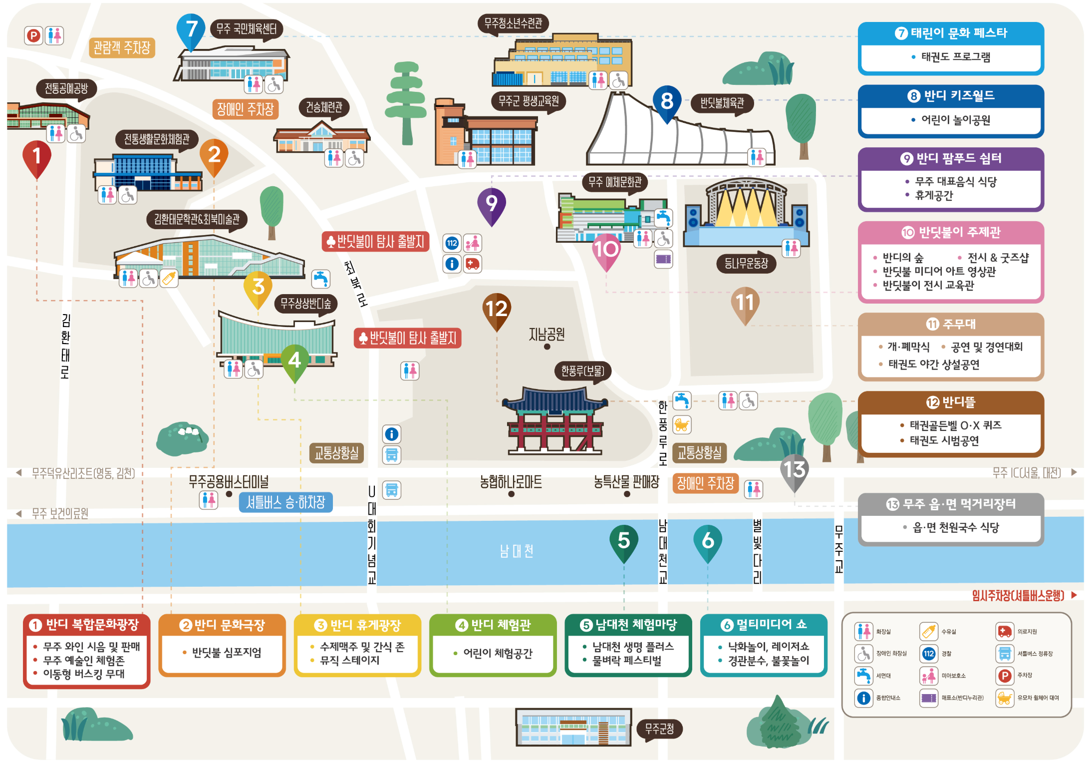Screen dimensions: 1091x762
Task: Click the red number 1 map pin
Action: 36,157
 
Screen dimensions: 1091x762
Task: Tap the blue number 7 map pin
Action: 191,30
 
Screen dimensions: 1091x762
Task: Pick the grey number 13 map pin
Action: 794,470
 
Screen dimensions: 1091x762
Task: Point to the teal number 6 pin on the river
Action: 708,541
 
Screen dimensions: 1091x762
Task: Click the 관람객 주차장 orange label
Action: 122,48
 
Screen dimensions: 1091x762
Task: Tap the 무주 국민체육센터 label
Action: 246,29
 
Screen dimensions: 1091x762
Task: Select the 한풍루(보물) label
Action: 582,371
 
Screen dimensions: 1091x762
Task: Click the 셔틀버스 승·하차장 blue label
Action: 285,502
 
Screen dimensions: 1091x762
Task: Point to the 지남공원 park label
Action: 546,334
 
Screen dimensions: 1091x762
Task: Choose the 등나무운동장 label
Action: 746,263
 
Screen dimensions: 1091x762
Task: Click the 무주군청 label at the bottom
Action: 659,729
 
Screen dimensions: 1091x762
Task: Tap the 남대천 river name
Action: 517,551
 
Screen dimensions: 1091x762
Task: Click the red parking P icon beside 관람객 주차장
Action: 33,35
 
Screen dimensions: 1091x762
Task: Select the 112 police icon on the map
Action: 452,243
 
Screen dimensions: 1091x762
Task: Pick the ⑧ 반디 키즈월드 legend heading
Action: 951,96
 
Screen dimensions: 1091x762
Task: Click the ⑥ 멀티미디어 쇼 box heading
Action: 764,625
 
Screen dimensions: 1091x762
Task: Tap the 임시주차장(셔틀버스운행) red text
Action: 1018,595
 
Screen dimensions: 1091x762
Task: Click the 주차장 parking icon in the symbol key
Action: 1005,676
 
